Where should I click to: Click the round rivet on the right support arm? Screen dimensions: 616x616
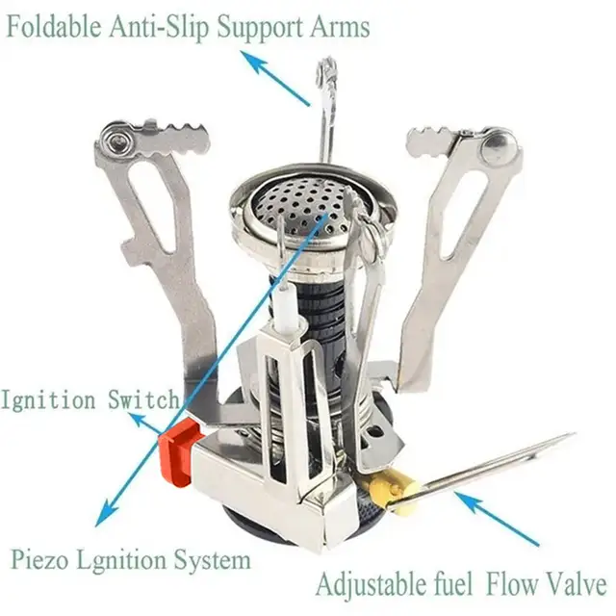(x=500, y=146)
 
